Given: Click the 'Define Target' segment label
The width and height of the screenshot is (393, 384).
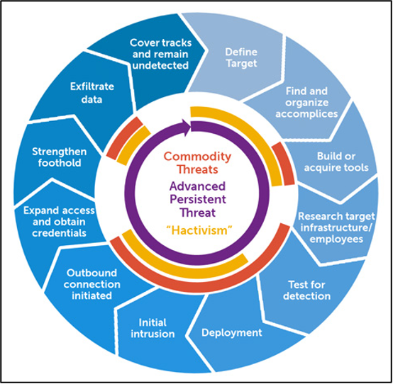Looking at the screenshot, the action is coord(241,57).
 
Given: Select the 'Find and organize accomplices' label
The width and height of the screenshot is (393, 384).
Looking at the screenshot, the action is coord(306,103).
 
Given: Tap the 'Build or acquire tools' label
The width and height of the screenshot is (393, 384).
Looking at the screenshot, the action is coord(336,162).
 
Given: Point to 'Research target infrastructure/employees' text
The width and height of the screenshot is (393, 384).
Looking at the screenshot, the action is coord(336,227).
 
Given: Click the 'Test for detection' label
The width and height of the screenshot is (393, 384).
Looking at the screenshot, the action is coord(306,290).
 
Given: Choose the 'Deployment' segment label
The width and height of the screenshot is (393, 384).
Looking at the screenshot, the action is coord(232,333).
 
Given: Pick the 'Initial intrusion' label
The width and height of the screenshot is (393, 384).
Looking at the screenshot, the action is coord(153,328).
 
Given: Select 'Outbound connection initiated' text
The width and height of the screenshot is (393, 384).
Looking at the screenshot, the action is coord(92,284).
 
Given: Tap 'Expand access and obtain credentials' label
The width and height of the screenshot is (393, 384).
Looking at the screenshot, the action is coord(59,222).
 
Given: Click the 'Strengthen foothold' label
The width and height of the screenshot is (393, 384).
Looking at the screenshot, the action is coord(60,157).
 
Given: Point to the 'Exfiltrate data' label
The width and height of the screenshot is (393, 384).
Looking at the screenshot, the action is coord(92,93).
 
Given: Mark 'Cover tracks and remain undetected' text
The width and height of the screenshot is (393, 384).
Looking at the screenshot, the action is coord(160,54).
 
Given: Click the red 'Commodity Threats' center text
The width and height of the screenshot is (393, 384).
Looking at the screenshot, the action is coord(197,163).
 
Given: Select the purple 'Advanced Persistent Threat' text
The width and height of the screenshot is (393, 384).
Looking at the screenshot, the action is coord(197,200).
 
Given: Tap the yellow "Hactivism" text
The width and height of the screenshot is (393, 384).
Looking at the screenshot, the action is coord(199,230).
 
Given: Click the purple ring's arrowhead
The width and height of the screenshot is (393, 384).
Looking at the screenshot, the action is coord(187,128).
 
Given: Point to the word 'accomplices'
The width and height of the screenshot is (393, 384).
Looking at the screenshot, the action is coord(306,114).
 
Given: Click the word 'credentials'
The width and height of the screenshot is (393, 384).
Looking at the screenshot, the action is coord(59,233).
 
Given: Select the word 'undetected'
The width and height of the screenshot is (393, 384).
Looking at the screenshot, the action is coord(160,65).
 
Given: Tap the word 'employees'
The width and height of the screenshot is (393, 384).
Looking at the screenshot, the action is coord(336,239).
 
